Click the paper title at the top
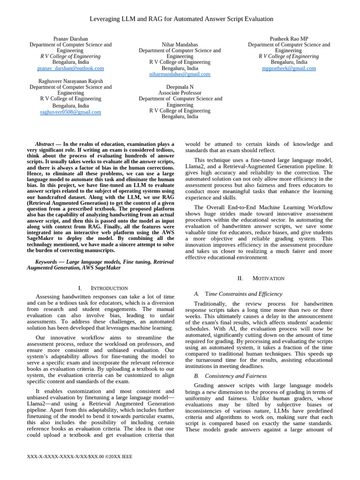click(x=181, y=19)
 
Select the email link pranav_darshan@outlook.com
click(x=71, y=68)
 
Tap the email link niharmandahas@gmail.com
click(x=180, y=74)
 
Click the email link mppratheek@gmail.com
click(x=289, y=68)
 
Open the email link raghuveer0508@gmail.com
click(x=71, y=112)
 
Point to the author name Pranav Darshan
click(x=71, y=38)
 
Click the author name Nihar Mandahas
click(x=180, y=45)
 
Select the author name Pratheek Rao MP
click(x=289, y=38)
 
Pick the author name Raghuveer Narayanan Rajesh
click(x=71, y=81)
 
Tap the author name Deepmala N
click(x=180, y=87)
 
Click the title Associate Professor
click(x=180, y=93)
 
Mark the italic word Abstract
click(x=45, y=144)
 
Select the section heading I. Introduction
click(x=103, y=288)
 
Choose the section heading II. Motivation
click(x=261, y=278)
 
